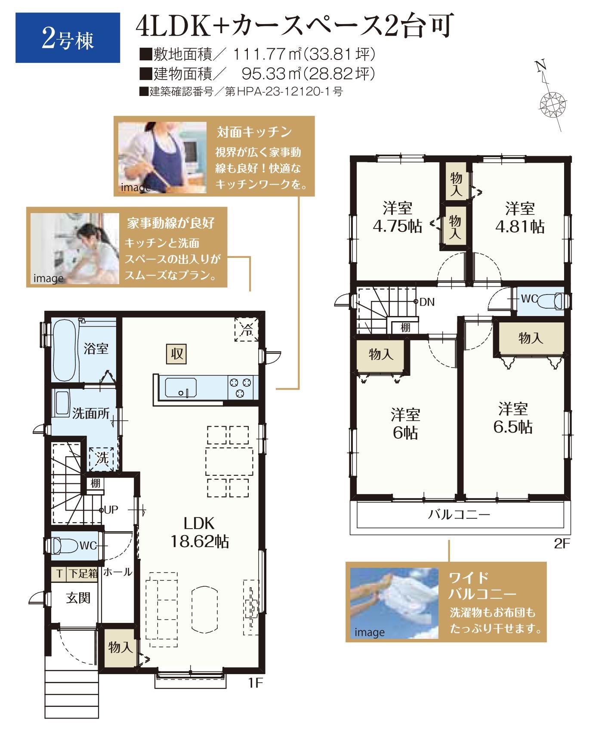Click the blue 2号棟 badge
click(x=68, y=38)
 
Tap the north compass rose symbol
click(x=551, y=103)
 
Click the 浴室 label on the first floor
click(x=96, y=348)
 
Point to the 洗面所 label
click(x=91, y=414)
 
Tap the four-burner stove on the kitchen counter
click(x=241, y=387)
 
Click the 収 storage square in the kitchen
click(x=177, y=354)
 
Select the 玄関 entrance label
click(x=78, y=598)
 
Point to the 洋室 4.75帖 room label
click(x=397, y=217)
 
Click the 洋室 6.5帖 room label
click(x=513, y=418)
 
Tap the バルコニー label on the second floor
click(x=460, y=514)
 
